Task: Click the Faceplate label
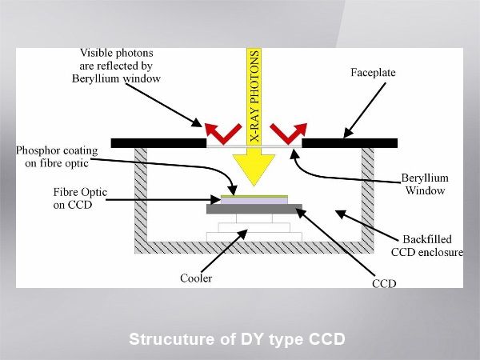coord(373,73)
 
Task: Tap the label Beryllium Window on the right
coord(425,184)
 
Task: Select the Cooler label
coord(196,278)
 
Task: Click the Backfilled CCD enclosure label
coord(426,246)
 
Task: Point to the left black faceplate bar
coord(158,143)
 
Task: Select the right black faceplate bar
coord(349,143)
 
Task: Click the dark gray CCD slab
coord(254,209)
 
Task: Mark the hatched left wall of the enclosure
coord(140,196)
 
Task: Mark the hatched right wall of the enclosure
coord(368,196)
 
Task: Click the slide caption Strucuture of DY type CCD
coord(237,339)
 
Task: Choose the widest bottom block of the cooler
coord(254,236)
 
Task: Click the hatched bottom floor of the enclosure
coord(254,247)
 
